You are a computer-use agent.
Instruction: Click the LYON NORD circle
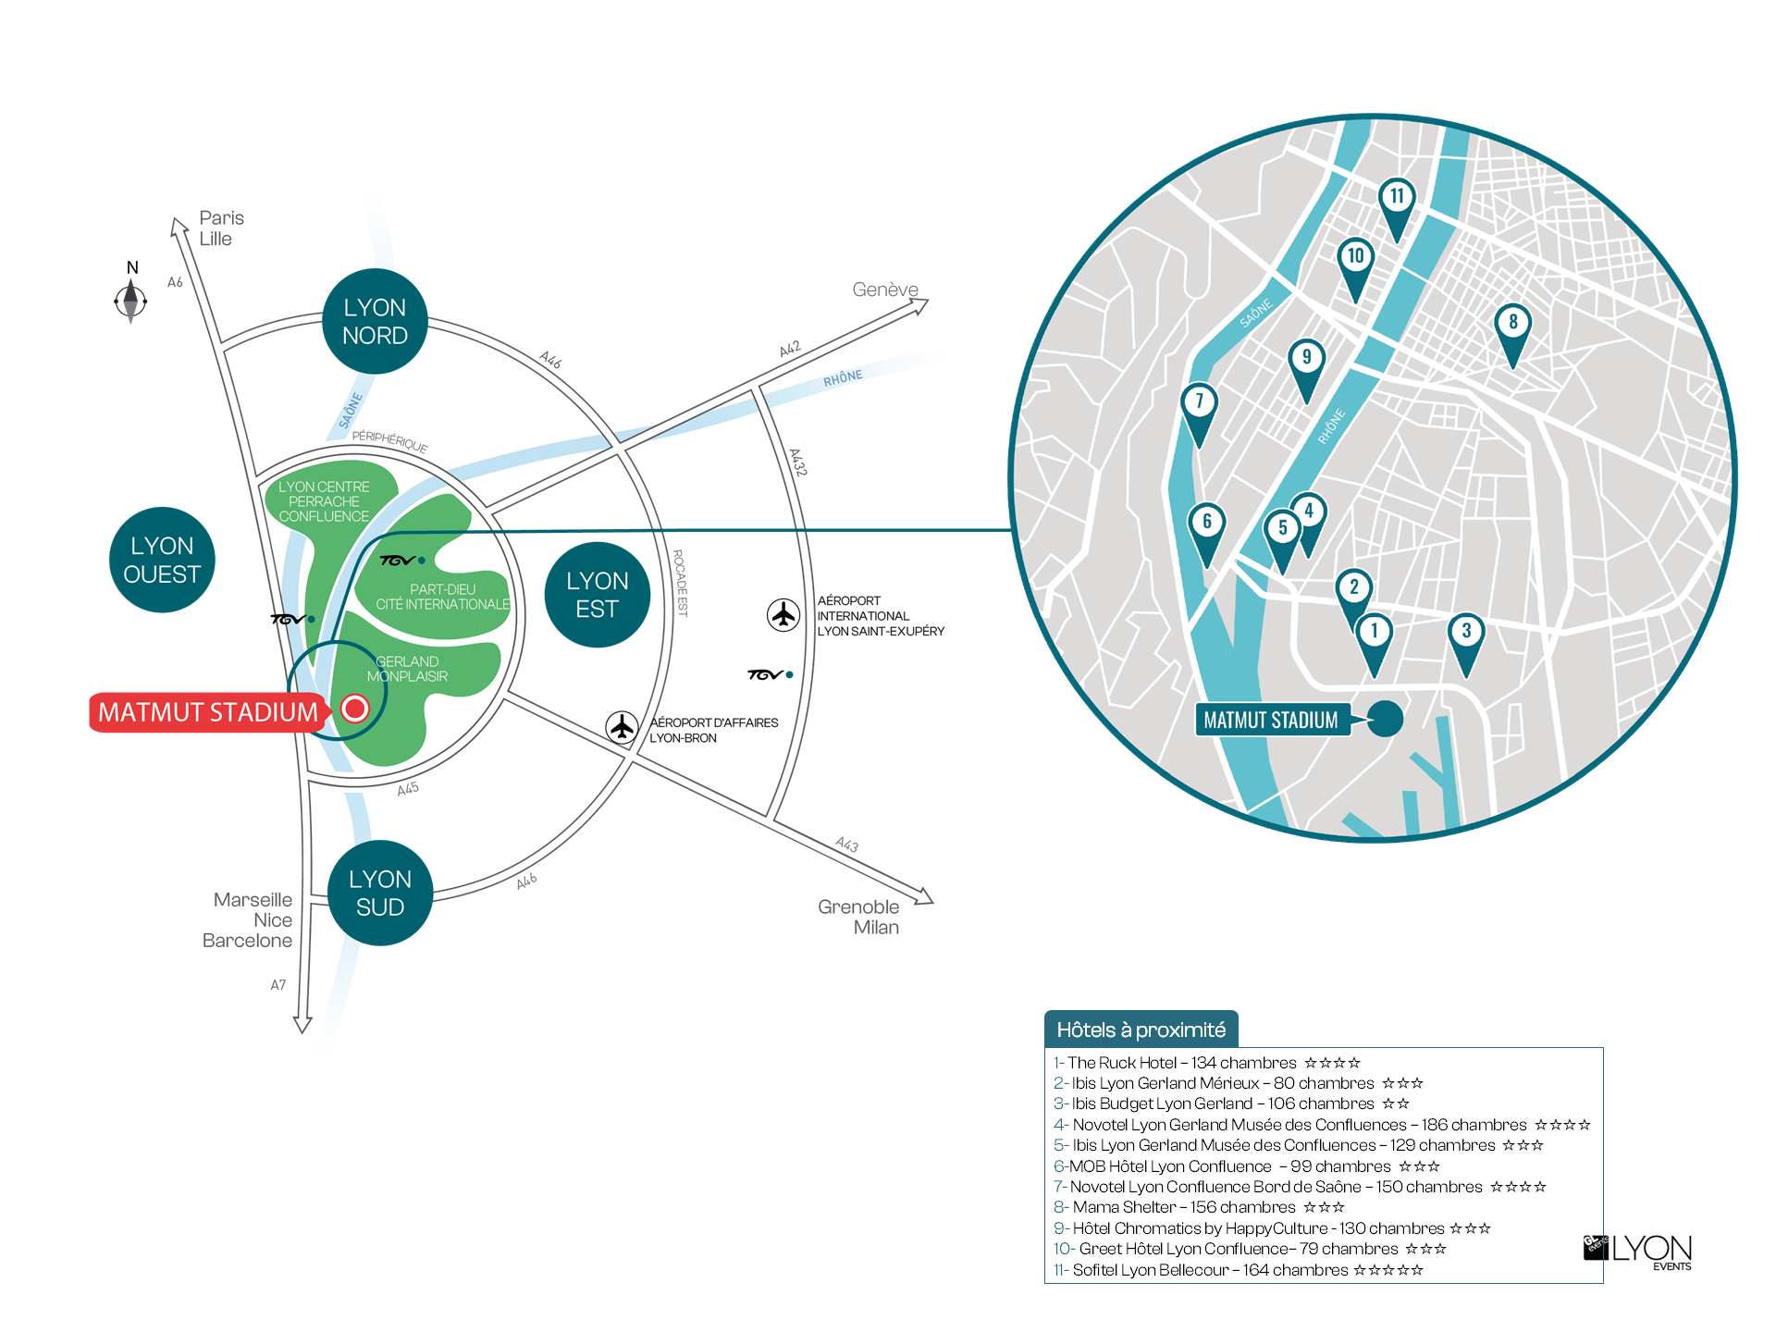coord(375,321)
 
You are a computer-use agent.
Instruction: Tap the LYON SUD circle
coord(380,893)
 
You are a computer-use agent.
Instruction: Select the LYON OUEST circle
coord(162,560)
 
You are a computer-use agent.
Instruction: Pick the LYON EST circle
coord(598,595)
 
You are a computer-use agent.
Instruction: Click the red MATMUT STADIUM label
coord(208,712)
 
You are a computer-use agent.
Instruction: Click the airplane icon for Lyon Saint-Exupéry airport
coord(783,614)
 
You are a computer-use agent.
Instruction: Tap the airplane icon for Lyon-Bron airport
coord(623,727)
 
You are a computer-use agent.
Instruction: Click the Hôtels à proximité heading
coord(1141,1030)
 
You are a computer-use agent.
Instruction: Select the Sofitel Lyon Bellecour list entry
coord(1238,1270)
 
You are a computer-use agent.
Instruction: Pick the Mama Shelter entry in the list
coord(1199,1207)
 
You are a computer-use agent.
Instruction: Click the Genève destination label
coord(885,290)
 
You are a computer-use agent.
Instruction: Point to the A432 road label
coord(797,462)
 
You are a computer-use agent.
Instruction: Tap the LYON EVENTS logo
coord(1638,1252)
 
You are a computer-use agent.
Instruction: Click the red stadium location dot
coord(354,709)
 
